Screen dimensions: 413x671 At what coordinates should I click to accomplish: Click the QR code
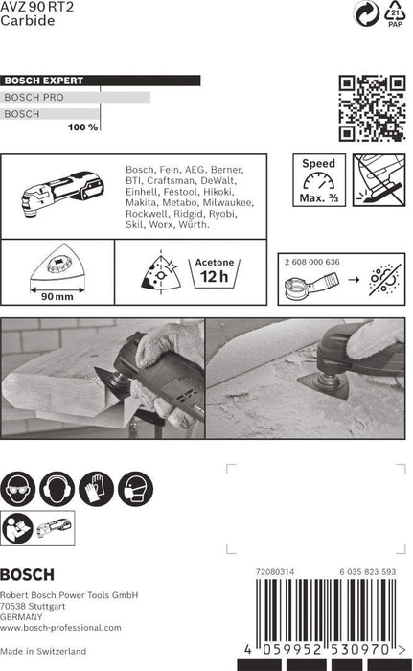click(372, 108)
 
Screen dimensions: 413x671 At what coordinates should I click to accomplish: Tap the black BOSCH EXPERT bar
click(101, 81)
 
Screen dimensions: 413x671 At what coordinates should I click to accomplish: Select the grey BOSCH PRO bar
click(75, 97)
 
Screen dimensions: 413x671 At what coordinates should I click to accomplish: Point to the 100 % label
click(83, 127)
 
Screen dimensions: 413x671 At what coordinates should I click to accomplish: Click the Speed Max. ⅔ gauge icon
click(319, 180)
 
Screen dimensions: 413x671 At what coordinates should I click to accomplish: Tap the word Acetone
click(215, 262)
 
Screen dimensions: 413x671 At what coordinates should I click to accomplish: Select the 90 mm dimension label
click(57, 296)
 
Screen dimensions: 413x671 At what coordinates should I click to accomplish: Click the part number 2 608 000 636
click(312, 262)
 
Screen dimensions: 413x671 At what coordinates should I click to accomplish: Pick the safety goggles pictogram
click(17, 489)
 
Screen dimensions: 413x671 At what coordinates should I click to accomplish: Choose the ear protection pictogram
click(57, 489)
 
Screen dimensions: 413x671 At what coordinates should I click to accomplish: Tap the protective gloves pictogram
click(96, 489)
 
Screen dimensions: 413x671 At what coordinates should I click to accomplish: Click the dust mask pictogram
click(136, 489)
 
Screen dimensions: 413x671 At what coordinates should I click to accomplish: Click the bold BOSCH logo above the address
click(27, 574)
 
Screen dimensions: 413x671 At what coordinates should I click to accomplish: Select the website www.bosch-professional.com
click(60, 628)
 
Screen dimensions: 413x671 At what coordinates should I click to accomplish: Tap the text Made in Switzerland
click(43, 651)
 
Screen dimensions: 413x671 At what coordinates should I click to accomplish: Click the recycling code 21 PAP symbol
click(395, 13)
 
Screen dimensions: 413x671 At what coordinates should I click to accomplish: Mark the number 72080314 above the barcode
click(275, 571)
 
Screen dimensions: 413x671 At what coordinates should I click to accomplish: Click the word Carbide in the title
click(28, 20)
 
